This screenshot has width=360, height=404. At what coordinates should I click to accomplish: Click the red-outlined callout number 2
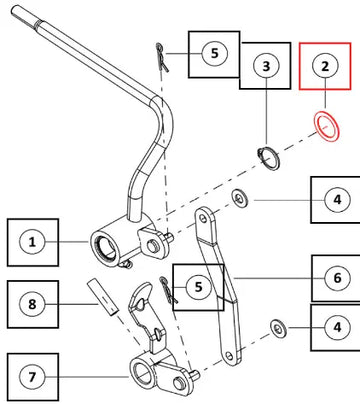(325, 66)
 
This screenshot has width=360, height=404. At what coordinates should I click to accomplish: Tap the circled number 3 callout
(266, 66)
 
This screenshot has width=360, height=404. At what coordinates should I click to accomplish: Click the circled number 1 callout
(32, 242)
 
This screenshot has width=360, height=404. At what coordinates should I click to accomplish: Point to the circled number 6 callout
(337, 278)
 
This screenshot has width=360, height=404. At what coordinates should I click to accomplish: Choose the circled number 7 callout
(32, 377)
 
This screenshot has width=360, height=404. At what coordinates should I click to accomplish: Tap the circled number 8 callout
(32, 304)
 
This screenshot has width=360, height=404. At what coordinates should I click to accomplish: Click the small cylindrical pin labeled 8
(103, 298)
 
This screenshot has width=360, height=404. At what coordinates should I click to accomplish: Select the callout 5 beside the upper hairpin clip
(215, 54)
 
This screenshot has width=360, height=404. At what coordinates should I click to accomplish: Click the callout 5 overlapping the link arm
(199, 287)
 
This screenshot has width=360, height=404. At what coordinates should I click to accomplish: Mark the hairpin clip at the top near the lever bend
(162, 57)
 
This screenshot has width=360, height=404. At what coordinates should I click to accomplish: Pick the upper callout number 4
(337, 200)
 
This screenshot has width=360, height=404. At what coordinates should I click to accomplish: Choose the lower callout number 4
(337, 327)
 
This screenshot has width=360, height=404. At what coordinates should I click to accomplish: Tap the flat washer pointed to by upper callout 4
(240, 198)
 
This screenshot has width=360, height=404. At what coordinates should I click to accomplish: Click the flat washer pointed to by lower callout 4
(278, 328)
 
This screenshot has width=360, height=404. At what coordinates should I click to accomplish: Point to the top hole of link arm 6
(203, 218)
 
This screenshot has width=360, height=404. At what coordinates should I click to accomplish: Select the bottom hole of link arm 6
(229, 356)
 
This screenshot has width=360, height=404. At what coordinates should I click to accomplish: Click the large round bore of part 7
(140, 372)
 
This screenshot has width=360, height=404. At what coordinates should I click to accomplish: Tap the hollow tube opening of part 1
(103, 247)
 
